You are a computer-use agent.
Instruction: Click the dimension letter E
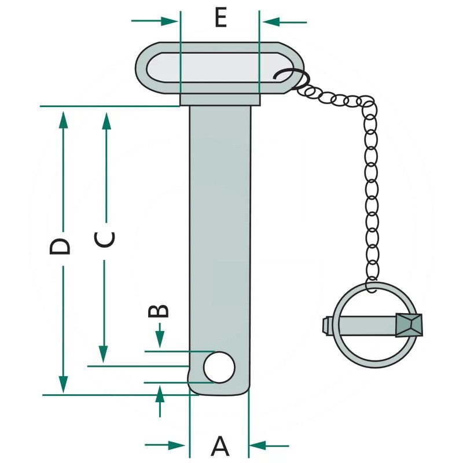(x=220, y=18)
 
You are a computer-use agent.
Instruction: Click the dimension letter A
(x=220, y=446)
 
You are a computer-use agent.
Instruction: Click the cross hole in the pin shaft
(x=220, y=367)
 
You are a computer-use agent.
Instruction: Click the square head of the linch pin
(x=410, y=325)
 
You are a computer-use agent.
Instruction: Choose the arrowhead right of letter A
(x=257, y=446)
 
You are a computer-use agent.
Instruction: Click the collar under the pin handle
(x=220, y=101)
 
